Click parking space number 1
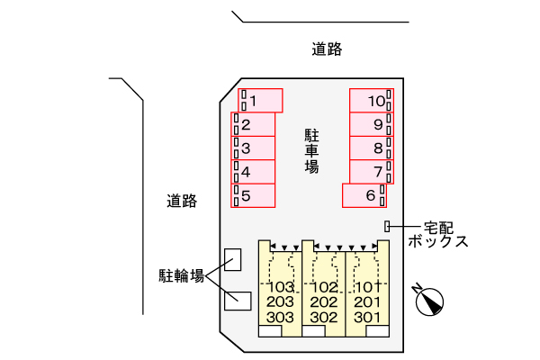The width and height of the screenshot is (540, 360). coord(260,100)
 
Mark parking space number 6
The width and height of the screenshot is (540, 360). coord(364,194)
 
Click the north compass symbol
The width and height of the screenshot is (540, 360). coord(431,301)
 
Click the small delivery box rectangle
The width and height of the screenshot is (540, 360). coord(388,226)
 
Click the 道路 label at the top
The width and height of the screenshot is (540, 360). coord(327,50)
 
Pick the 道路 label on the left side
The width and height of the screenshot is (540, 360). coord(181,200)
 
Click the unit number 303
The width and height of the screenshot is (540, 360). coord(281,317)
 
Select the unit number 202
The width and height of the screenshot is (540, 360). coord(324,302)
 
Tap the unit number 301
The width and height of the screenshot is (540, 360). coord(367,317)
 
